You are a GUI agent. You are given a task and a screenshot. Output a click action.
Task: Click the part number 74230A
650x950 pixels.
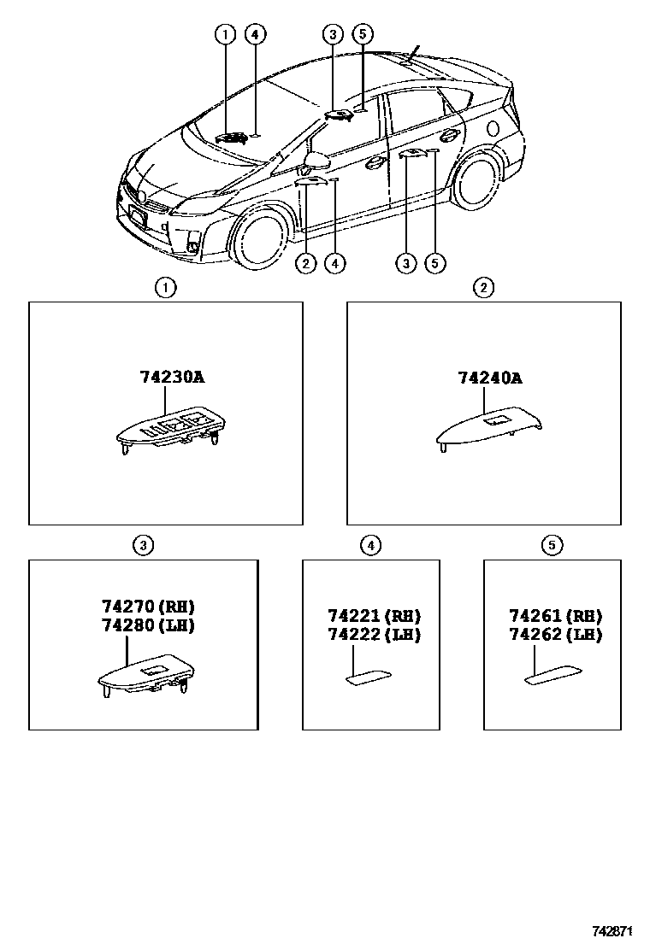pos(172,377)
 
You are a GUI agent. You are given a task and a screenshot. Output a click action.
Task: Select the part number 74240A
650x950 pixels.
pos(489,377)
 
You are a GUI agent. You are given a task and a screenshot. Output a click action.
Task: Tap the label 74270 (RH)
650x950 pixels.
pos(149,607)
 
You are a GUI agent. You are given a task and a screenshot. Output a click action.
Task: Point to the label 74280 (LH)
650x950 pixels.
pos(149,625)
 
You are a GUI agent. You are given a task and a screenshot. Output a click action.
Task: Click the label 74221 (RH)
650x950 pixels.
pos(375,616)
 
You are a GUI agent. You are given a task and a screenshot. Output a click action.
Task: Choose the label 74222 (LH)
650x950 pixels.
pos(375,634)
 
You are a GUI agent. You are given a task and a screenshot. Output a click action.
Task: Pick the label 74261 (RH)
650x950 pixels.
pos(556,616)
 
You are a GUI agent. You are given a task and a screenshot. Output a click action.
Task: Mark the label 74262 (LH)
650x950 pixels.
pos(556,634)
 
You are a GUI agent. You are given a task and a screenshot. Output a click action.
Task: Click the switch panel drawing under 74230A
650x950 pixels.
pos(171,427)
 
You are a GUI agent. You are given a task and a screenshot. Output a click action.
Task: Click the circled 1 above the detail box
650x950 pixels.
pos(165,288)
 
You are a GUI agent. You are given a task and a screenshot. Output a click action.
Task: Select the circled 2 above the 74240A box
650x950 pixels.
pos(484,288)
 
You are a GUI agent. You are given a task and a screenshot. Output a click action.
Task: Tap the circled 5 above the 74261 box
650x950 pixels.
pos(552,545)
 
